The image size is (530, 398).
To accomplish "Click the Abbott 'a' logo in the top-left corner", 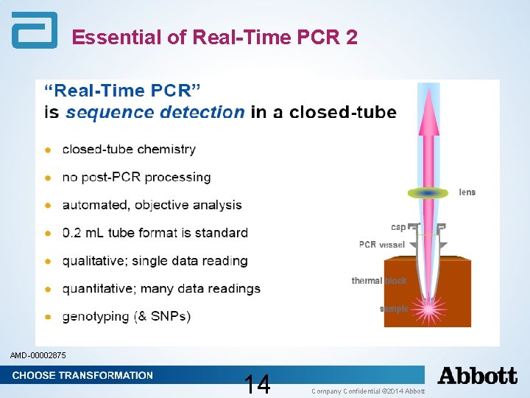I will [34, 30].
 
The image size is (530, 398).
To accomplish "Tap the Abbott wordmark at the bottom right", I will [478, 376].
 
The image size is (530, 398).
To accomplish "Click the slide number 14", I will [258, 384].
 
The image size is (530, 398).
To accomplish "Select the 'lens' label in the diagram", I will [467, 192].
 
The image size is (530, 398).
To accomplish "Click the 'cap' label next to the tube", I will [398, 227].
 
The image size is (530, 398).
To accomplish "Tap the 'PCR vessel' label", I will [382, 245].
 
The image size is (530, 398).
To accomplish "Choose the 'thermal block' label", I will [378, 281].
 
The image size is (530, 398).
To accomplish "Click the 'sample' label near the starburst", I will [394, 309].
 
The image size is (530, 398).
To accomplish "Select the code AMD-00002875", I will [38, 356].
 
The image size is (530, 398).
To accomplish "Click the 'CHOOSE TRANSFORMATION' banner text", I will [82, 375].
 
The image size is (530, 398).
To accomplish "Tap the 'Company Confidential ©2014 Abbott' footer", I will [368, 391].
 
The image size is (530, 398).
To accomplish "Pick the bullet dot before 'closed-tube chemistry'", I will [48, 150].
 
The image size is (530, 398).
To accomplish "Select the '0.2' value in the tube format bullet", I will [72, 233].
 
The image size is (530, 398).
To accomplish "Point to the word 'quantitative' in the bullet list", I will [97, 288].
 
